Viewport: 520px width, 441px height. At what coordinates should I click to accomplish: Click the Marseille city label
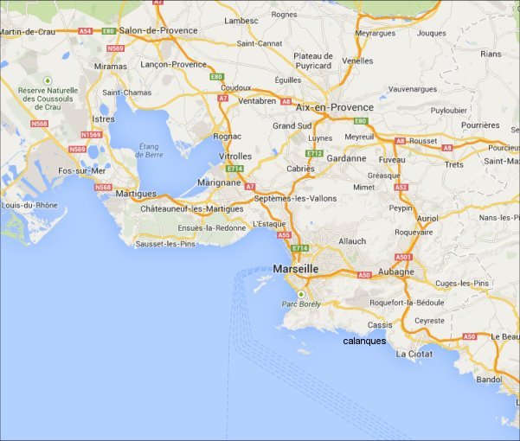(295, 269)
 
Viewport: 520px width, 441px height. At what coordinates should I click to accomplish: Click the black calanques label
(364, 341)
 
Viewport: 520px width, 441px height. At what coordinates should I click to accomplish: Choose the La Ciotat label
(414, 354)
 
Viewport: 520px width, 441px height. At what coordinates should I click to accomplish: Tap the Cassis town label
(380, 325)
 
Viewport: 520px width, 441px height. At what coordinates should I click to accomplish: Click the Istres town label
(103, 118)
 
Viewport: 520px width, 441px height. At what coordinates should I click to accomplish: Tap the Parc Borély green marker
(301, 294)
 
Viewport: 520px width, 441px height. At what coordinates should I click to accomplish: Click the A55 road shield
(283, 234)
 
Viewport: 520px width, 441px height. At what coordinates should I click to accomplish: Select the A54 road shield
(85, 31)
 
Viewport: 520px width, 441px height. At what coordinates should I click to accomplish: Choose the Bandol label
(489, 379)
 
